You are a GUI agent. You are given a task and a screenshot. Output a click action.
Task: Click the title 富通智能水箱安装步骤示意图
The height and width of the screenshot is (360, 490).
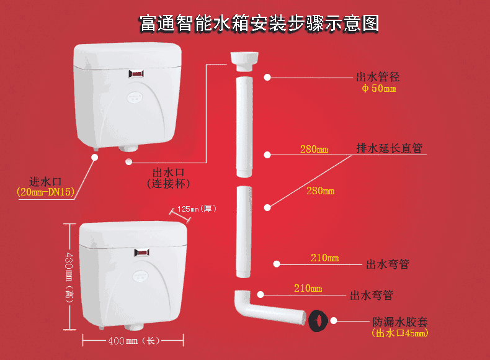click(259, 24)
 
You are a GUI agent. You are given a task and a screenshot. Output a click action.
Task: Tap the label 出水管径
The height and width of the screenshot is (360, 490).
click(378, 77)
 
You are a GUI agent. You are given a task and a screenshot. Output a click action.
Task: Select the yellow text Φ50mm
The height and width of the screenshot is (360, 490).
click(379, 88)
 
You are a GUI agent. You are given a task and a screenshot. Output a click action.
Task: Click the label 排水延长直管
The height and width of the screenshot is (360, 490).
click(390, 148)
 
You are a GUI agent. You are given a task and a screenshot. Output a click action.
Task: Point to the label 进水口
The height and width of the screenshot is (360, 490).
click(45, 181)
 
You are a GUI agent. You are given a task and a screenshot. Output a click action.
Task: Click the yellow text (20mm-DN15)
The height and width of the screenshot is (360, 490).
click(46, 192)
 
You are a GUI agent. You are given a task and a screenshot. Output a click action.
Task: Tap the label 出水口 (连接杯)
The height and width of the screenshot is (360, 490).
click(169, 178)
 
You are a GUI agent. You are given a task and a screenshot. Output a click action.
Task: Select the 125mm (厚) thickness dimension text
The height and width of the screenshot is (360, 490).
click(197, 209)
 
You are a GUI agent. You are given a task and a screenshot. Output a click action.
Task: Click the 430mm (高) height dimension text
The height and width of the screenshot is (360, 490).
click(69, 277)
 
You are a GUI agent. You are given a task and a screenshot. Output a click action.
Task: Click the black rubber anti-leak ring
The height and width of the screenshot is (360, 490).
click(318, 321)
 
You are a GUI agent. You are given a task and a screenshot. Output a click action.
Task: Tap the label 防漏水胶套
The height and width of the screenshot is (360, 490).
click(400, 322)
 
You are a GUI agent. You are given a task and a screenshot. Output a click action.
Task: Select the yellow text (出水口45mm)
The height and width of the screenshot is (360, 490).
click(399, 333)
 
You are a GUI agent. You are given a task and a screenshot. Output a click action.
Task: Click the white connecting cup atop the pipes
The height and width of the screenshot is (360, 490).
click(244, 61)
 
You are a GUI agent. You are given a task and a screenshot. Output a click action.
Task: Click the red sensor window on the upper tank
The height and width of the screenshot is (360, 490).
click(136, 74)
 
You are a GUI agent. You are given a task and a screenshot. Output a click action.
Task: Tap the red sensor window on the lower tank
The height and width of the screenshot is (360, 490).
click(142, 252)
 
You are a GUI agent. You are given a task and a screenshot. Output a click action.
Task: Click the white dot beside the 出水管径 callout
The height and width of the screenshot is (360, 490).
click(267, 77)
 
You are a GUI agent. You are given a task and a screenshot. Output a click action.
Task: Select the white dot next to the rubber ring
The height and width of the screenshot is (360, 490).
click(334, 321)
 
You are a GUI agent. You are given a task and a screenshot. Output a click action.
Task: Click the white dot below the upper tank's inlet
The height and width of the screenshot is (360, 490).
click(95, 157)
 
